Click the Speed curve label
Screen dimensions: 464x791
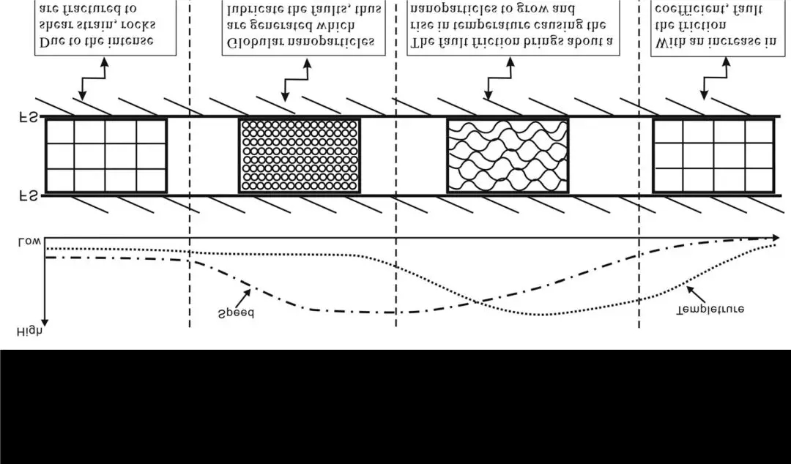pyautogui.click(x=235, y=314)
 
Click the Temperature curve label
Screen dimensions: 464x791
pyautogui.click(x=711, y=309)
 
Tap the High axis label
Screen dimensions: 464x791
pyautogui.click(x=29, y=332)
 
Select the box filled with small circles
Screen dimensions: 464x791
pyautogui.click(x=300, y=156)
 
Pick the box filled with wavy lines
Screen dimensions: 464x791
pyautogui.click(x=508, y=156)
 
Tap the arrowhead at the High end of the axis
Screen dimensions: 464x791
pyautogui.click(x=45, y=322)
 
